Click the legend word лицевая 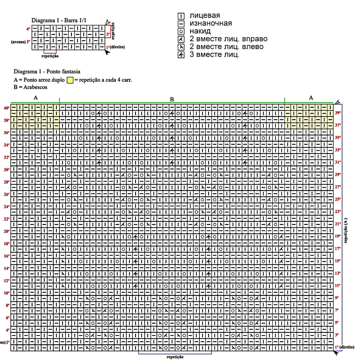point(205,16)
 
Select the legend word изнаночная point(211,23)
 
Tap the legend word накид point(200,31)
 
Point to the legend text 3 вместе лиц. point(214,55)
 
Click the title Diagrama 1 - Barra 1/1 point(59,20)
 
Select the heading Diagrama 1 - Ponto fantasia point(47,71)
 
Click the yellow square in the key point(70,80)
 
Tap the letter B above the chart point(172,99)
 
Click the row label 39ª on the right point(338,113)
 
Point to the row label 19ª point(338,236)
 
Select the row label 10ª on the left point(7,293)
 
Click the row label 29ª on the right point(338,175)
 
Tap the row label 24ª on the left point(7,207)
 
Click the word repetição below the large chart point(175,357)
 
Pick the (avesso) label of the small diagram point(18,42)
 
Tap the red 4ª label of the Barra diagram point(28,29)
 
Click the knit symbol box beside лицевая point(181,16)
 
